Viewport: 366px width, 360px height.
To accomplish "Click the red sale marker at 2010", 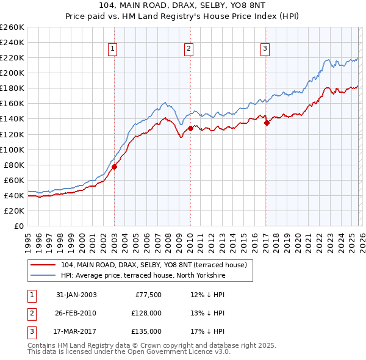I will [x=190, y=128].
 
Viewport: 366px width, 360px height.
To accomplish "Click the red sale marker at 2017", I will [x=267, y=123].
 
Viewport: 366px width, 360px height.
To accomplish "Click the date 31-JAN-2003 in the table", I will [x=76, y=295].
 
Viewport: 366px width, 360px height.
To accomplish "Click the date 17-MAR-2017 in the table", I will [x=76, y=331].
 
